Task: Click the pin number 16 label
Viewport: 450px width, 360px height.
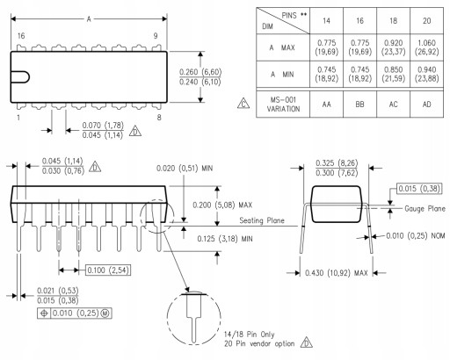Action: point(21,36)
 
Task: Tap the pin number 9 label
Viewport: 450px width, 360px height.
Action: point(156,36)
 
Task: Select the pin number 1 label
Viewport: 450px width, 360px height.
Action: point(18,118)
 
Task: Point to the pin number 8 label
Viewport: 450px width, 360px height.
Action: point(159,118)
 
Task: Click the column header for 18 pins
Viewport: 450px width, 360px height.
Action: point(393,21)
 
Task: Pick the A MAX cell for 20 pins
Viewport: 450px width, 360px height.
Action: point(426,47)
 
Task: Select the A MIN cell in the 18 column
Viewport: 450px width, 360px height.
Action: point(393,74)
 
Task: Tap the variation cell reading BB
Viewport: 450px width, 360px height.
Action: point(359,104)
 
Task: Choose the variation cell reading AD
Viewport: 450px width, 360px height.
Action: point(426,104)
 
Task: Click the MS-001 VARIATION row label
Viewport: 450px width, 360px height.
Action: point(283,104)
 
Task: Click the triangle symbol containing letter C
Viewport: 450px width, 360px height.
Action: point(243,104)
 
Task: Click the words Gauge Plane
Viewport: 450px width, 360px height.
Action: point(425,209)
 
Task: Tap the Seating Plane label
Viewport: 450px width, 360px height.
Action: point(262,220)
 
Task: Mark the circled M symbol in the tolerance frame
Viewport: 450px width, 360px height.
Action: point(105,313)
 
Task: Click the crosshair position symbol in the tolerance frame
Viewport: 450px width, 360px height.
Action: point(44,313)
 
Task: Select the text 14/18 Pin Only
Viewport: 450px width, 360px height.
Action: point(250,335)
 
